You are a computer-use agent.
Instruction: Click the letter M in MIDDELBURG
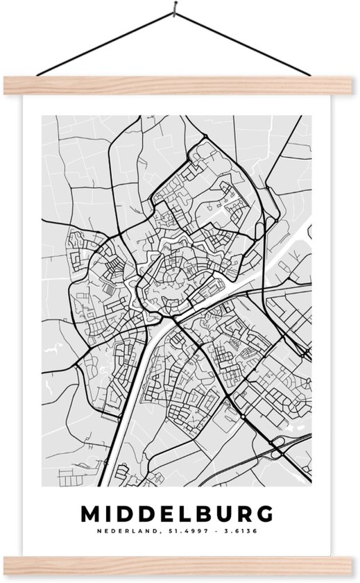(93, 514)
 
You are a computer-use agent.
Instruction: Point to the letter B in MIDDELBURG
(198, 514)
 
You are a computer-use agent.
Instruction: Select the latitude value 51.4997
(180, 532)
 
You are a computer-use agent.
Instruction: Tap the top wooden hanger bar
(180, 84)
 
